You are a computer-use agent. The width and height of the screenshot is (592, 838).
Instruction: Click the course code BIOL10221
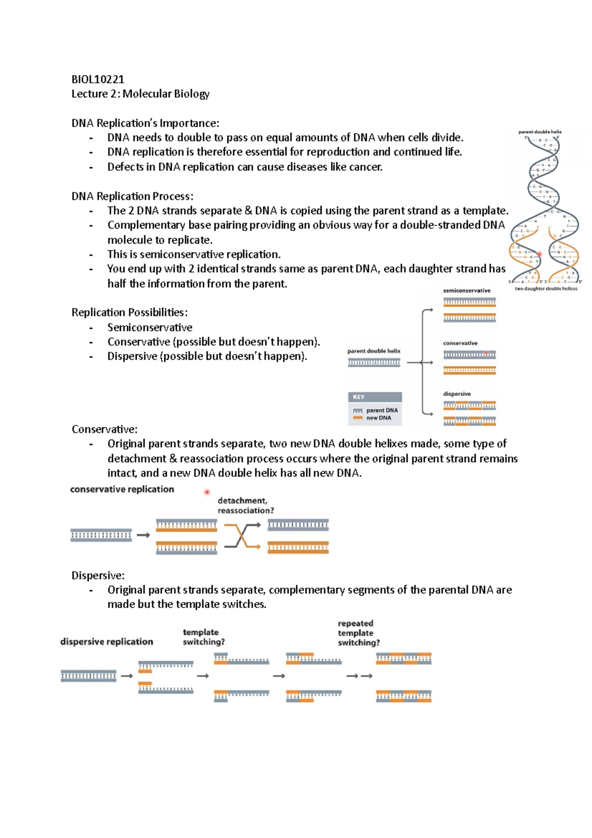point(98,79)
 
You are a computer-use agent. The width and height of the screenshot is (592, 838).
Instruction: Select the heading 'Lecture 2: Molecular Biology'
point(141,94)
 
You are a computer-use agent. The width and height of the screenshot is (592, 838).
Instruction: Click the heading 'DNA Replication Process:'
point(132,196)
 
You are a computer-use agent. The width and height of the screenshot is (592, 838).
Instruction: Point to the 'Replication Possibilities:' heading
point(129,312)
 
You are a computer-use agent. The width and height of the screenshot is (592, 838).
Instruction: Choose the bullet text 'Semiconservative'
point(150,327)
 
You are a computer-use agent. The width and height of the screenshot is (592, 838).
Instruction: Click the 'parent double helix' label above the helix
point(540,132)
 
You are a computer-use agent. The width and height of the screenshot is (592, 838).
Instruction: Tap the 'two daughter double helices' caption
point(546,289)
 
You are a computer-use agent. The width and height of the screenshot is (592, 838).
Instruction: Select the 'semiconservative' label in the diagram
point(467,291)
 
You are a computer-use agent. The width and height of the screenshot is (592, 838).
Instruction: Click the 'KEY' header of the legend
point(359,397)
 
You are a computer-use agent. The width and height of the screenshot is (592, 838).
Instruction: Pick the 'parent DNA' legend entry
point(382,410)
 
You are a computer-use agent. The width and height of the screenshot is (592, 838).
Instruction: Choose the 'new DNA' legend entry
point(378,418)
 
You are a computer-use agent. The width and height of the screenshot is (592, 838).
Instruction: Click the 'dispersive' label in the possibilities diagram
point(457,394)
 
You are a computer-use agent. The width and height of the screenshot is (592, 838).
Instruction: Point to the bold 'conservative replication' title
point(122,489)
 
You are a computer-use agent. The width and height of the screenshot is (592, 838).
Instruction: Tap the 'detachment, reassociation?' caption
point(245,505)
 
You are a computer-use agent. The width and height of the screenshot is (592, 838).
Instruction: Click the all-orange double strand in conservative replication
point(298,547)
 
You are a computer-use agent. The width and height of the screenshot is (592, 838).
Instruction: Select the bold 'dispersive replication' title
point(107,642)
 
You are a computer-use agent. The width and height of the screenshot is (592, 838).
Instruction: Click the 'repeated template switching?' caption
point(359,633)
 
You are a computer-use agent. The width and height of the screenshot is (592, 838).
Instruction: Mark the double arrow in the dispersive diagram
point(359,676)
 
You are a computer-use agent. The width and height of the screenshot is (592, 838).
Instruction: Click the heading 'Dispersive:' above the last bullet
point(98,575)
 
